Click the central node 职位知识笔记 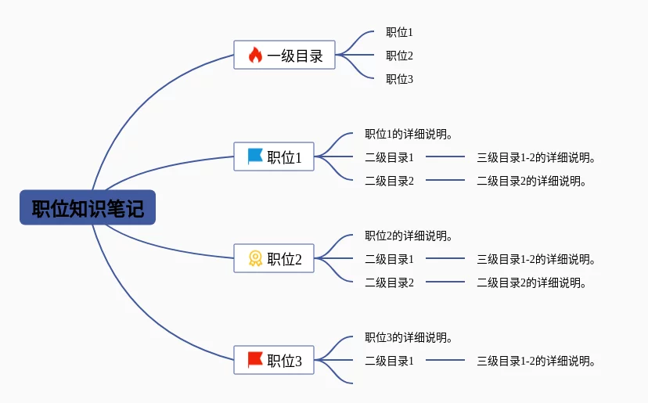pyautogui.click(x=88, y=208)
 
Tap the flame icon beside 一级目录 pyautogui.click(x=255, y=56)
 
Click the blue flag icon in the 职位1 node pyautogui.click(x=255, y=157)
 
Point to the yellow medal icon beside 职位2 pyautogui.click(x=255, y=258)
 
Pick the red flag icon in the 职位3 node pyautogui.click(x=255, y=360)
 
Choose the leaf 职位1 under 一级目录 pyautogui.click(x=399, y=32)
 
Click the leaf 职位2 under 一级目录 pyautogui.click(x=399, y=56)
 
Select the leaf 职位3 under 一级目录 pyautogui.click(x=399, y=79)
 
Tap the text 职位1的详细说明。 pyautogui.click(x=409, y=134)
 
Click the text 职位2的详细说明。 pyautogui.click(x=409, y=236)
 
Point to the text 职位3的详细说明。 pyautogui.click(x=409, y=337)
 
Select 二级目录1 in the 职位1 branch pyautogui.click(x=389, y=157)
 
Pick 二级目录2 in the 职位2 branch pyautogui.click(x=389, y=282)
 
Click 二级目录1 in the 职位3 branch pyautogui.click(x=389, y=361)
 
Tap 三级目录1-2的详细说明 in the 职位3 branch pyautogui.click(x=537, y=361)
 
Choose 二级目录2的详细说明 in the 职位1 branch pyautogui.click(x=532, y=181)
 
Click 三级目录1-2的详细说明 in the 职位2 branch pyautogui.click(x=537, y=259)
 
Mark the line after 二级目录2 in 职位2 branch pyautogui.click(x=445, y=282)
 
